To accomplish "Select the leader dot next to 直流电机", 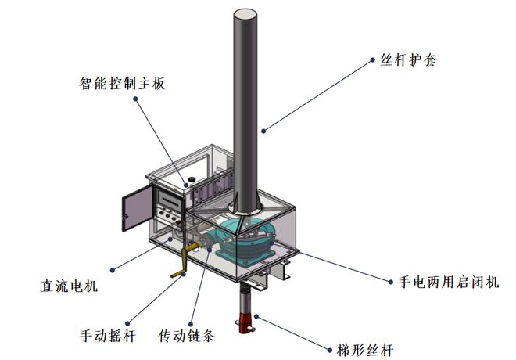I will click(113, 269).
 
